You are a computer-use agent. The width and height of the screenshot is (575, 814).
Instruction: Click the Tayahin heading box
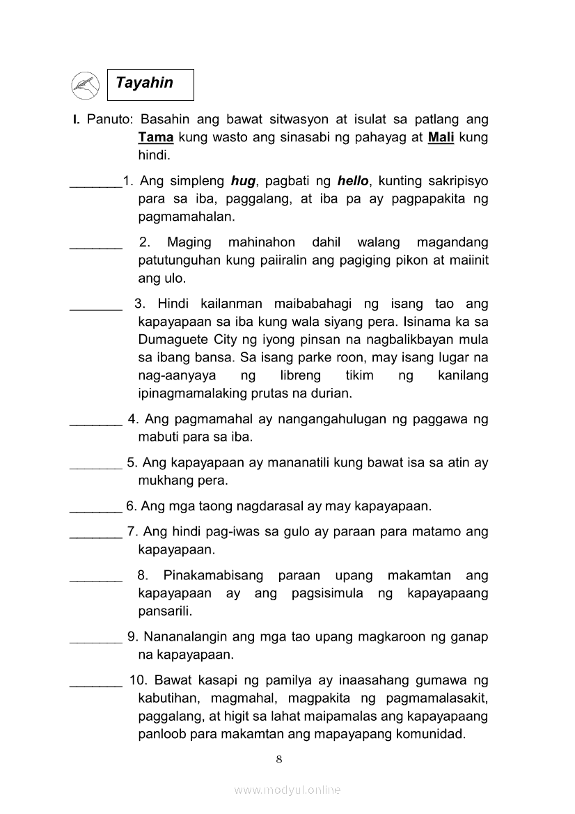(x=150, y=84)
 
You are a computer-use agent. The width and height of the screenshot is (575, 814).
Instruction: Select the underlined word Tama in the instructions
(x=155, y=137)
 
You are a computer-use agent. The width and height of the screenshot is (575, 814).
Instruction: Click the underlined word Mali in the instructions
(x=441, y=137)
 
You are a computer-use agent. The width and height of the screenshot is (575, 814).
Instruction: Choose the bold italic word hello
(x=352, y=181)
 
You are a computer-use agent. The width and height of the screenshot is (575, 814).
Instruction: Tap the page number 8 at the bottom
(x=279, y=759)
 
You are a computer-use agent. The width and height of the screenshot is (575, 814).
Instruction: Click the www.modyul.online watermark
(x=287, y=790)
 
